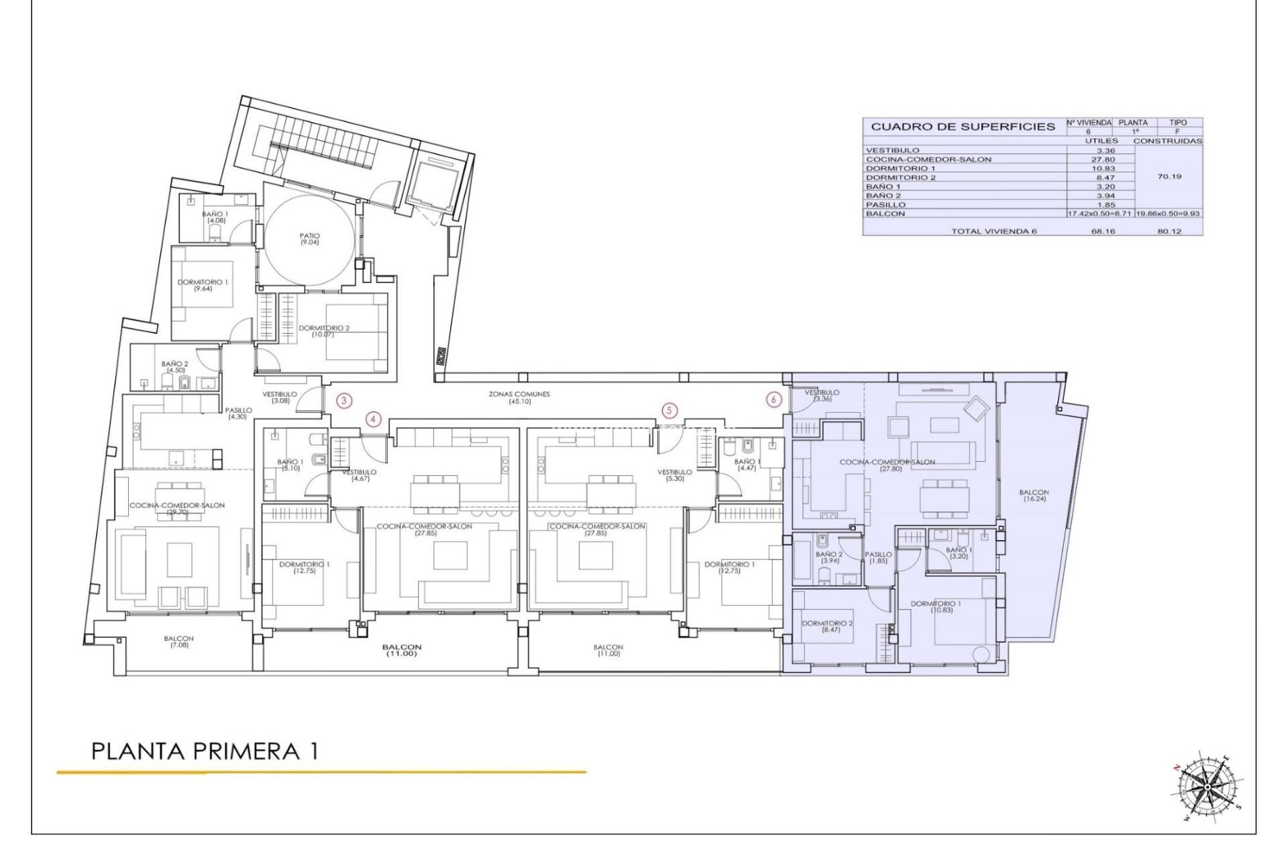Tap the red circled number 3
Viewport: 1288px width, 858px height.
pyautogui.click(x=344, y=401)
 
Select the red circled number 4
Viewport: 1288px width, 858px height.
pyautogui.click(x=374, y=420)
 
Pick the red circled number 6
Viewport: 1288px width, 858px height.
pyautogui.click(x=774, y=400)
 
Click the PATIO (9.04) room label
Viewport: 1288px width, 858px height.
pyautogui.click(x=310, y=239)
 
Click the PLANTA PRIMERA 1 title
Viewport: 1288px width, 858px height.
pyautogui.click(x=205, y=751)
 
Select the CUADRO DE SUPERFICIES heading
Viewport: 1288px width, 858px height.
pyautogui.click(x=963, y=127)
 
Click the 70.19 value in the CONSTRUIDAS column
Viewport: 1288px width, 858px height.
pyautogui.click(x=1169, y=177)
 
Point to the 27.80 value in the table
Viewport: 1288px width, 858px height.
pyautogui.click(x=1101, y=160)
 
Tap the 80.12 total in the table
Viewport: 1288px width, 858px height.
pyautogui.click(x=1169, y=231)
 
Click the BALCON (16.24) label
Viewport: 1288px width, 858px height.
pyautogui.click(x=1034, y=495)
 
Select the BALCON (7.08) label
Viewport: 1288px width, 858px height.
pyautogui.click(x=178, y=641)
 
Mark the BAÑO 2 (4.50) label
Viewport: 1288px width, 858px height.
pyautogui.click(x=174, y=367)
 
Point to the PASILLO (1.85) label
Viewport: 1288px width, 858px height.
pyautogui.click(x=878, y=557)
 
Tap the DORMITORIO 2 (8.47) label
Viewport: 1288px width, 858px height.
pyautogui.click(x=827, y=626)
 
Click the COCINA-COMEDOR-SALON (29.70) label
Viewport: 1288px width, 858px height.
pyautogui.click(x=177, y=508)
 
